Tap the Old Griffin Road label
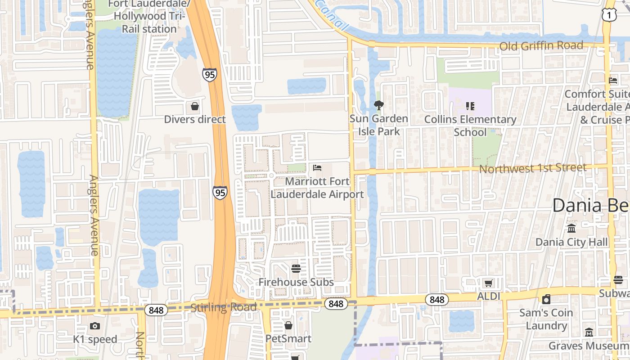pos(541,46)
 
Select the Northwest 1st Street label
pos(533,168)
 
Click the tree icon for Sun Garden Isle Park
pos(378,106)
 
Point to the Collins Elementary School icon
pos(470,106)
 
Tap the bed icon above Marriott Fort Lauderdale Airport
pos(317,168)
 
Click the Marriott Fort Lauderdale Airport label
pos(317,188)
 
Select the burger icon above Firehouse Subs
pos(296,269)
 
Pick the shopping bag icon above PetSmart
pos(288,325)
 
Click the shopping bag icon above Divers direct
pos(195,106)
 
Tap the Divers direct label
pos(195,119)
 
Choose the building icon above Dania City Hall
pos(571,229)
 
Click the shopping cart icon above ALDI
pos(488,283)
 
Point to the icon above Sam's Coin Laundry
pos(546,299)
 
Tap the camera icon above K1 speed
pos(95,326)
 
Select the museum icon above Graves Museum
pos(589,332)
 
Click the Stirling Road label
pos(224,308)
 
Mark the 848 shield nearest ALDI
pos(437,300)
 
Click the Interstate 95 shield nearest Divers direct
pos(210,74)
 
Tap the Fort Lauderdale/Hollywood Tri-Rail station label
pos(148,17)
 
